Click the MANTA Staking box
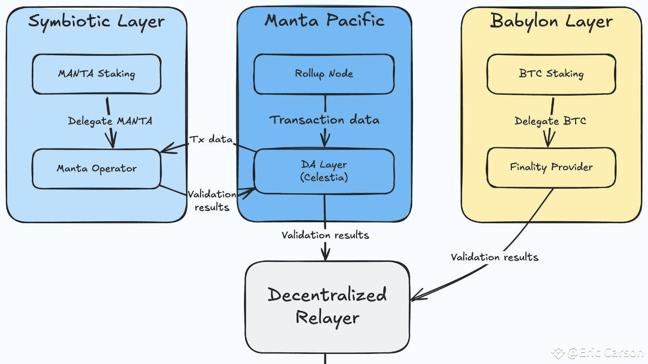(x=96, y=74)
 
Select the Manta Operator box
(x=96, y=169)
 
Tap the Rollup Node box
(x=324, y=74)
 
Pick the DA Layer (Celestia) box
(x=324, y=171)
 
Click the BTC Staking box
(x=551, y=74)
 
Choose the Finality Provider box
(x=551, y=167)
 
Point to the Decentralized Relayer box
(x=327, y=306)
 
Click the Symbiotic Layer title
(x=96, y=21)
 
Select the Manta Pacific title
(x=324, y=20)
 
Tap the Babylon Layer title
(x=551, y=21)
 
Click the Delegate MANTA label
(x=110, y=122)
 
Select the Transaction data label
(x=324, y=120)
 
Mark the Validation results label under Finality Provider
(x=495, y=257)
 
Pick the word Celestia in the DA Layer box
(x=324, y=178)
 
